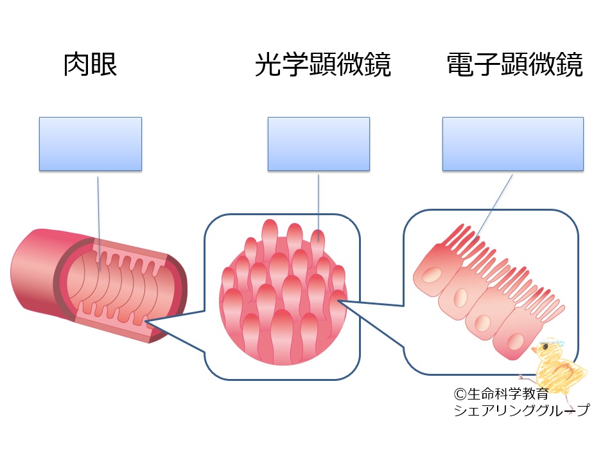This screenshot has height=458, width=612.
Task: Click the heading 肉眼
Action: point(90,64)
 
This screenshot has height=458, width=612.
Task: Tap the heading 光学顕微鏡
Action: point(323,64)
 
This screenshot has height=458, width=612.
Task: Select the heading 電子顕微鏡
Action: point(515,64)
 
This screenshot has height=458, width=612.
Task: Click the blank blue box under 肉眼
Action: point(91,144)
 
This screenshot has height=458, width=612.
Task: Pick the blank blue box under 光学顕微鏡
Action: point(319,144)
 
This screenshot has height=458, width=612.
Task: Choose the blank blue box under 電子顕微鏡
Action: point(513,144)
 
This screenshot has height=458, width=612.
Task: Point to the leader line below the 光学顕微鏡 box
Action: point(319,207)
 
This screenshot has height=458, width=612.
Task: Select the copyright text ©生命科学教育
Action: point(501,394)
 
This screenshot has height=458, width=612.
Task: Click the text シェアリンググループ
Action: point(521,410)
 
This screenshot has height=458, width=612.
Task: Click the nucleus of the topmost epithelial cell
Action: point(432,275)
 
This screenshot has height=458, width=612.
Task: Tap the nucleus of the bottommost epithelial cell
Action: point(516,342)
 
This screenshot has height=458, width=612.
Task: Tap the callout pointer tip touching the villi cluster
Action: point(338,301)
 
